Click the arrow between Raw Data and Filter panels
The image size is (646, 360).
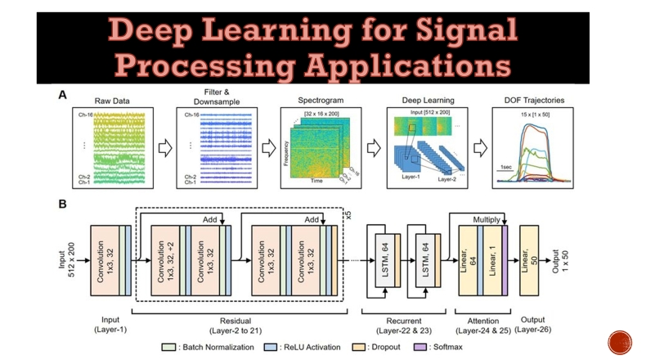click(164, 147)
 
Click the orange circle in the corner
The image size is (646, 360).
click(620, 343)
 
